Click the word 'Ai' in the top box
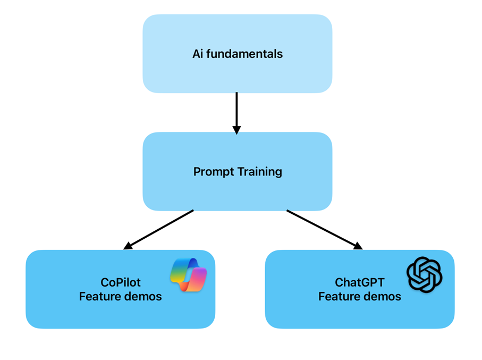tap(198, 54)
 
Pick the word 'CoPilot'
tap(120, 282)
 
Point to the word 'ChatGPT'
tap(360, 282)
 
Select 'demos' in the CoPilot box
tap(142, 296)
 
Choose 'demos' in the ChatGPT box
tap(382, 296)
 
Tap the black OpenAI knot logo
tap(424, 274)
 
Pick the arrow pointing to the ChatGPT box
tap(322, 228)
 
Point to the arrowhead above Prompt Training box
tap(237, 129)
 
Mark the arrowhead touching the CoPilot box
tap(128, 246)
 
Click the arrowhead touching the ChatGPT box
tap(358, 245)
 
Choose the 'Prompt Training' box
tap(237, 191)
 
